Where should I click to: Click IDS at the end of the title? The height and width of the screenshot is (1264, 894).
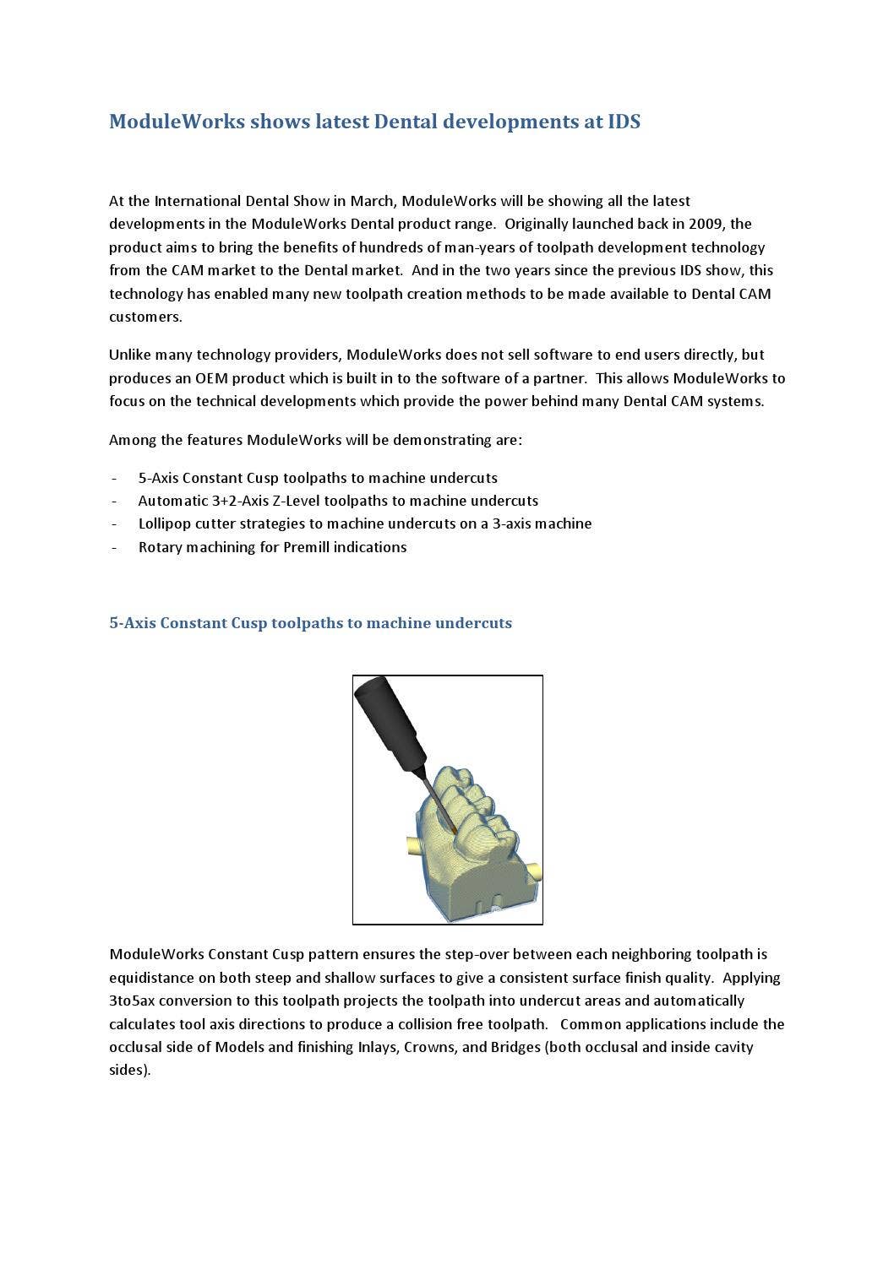tap(624, 122)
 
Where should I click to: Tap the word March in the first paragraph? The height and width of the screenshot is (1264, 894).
tap(372, 201)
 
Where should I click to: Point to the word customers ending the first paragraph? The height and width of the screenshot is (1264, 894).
tap(144, 317)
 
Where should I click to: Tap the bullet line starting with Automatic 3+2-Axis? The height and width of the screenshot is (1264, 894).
tap(338, 501)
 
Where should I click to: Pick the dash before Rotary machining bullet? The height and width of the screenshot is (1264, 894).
tap(113, 547)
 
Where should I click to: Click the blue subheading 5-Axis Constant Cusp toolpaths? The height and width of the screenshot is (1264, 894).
tap(310, 623)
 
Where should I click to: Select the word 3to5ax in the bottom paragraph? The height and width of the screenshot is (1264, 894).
tap(132, 1001)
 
